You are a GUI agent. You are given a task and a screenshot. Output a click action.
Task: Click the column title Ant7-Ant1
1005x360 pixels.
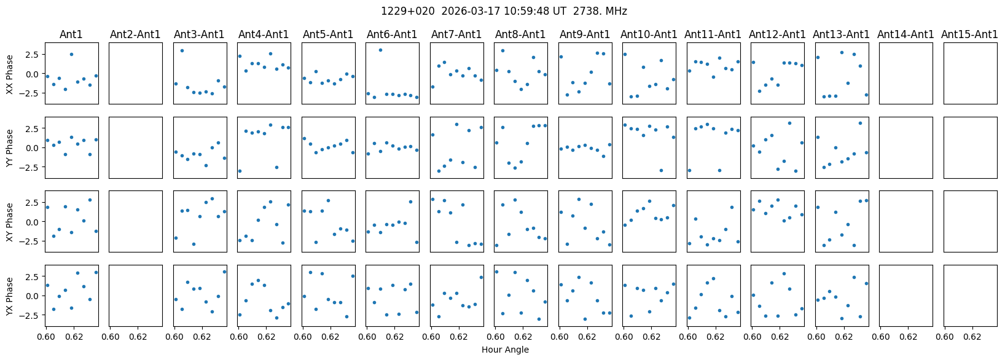pos(456,34)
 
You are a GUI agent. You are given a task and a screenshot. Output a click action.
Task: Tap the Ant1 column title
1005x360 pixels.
pos(72,34)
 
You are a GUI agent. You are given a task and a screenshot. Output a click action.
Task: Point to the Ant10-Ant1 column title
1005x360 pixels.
pos(649,34)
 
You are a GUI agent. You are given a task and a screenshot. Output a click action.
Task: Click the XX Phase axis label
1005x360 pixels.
pos(10,74)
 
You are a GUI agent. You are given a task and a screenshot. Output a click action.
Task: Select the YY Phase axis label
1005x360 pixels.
pos(10,147)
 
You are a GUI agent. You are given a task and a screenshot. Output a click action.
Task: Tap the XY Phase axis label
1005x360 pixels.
pos(10,221)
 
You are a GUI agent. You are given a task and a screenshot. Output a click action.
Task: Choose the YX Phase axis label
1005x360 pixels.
pos(10,295)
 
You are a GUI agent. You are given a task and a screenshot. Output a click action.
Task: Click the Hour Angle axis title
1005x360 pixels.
pos(505,350)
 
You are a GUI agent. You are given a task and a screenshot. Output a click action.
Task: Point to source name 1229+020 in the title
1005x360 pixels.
pos(401,11)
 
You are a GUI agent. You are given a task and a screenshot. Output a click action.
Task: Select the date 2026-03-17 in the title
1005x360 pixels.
pos(459,11)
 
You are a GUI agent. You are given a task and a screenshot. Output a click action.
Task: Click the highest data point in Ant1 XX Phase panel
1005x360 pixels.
pos(71,54)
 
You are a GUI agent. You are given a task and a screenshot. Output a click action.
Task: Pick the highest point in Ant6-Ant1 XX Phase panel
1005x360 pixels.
pos(380,50)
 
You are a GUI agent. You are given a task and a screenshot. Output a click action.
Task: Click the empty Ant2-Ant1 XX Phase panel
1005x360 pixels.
pos(136,73)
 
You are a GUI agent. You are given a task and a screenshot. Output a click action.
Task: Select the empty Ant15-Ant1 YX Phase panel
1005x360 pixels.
pos(969,295)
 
